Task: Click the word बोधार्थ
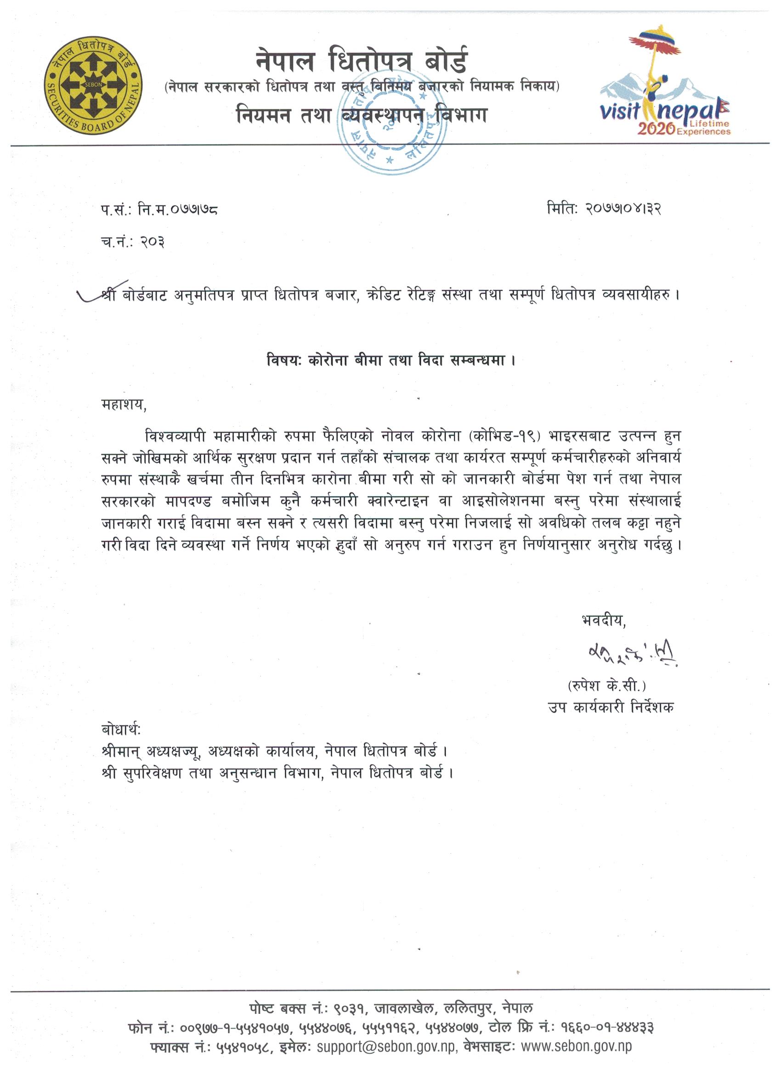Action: coord(121,729)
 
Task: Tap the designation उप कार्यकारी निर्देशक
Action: coord(611,708)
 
